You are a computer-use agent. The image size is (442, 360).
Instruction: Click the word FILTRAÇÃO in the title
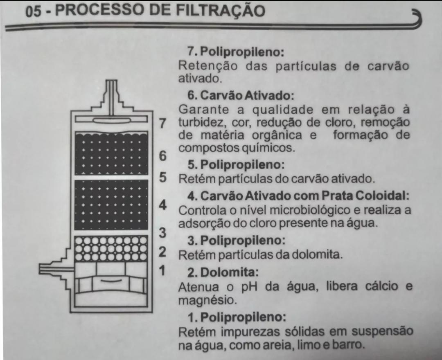(221, 10)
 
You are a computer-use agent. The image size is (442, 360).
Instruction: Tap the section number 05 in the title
(33, 12)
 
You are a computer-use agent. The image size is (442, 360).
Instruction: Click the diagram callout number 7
(162, 123)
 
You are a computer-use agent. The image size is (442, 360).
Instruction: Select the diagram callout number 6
(162, 156)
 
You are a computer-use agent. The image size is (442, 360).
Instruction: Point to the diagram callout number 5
(162, 177)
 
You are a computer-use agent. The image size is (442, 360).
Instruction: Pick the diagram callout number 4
(162, 205)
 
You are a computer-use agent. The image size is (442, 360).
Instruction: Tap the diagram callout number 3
(162, 233)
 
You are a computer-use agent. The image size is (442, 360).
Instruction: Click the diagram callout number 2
(162, 252)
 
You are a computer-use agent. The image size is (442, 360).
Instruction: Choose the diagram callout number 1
(162, 270)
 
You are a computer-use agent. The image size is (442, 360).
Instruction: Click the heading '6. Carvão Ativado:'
(241, 95)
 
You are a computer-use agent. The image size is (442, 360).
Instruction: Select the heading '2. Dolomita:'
(223, 272)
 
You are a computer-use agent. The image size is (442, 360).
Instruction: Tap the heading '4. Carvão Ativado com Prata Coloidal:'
(298, 196)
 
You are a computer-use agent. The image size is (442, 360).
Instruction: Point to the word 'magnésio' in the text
(207, 300)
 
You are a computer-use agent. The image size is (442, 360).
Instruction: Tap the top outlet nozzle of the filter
(112, 97)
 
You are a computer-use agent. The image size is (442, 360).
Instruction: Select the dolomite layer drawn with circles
(111, 249)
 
